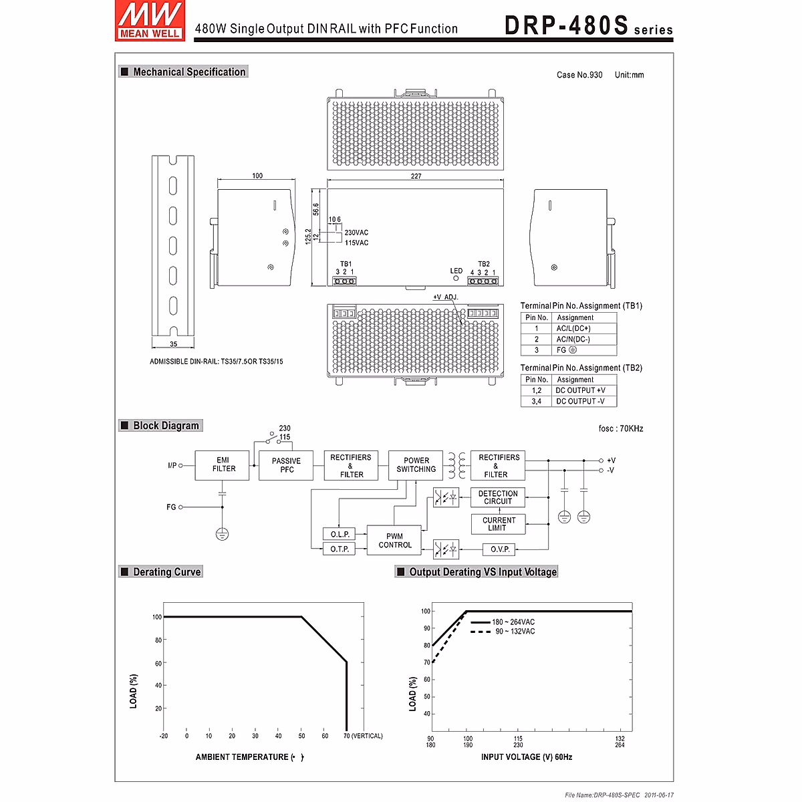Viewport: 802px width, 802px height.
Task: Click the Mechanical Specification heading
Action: coord(189,72)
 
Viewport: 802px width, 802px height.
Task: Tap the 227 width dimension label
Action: coord(416,176)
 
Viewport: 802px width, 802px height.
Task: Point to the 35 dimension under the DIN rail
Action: coord(173,345)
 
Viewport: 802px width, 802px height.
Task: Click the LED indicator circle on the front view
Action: coord(456,278)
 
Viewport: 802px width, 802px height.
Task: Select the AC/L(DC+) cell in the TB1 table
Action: coord(573,329)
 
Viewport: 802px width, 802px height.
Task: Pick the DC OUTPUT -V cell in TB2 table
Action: coord(580,402)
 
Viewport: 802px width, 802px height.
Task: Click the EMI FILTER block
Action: coord(223,464)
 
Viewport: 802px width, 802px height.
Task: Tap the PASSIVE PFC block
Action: coord(286,465)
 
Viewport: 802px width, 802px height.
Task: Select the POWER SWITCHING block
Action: coord(416,464)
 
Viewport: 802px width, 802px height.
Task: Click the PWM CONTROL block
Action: coord(394,540)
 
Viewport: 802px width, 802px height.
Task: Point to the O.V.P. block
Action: coord(500,549)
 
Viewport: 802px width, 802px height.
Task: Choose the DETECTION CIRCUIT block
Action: coord(498,497)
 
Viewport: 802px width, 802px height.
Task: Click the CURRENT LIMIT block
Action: coord(498,524)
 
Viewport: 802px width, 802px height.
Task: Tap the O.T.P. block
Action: coord(340,549)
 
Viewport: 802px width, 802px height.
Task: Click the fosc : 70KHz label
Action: coord(621,428)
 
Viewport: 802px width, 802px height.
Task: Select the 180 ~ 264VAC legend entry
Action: coord(513,622)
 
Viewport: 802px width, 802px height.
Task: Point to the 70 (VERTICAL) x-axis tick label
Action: coord(364,736)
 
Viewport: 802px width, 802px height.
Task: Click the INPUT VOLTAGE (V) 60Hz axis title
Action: coord(526,757)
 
